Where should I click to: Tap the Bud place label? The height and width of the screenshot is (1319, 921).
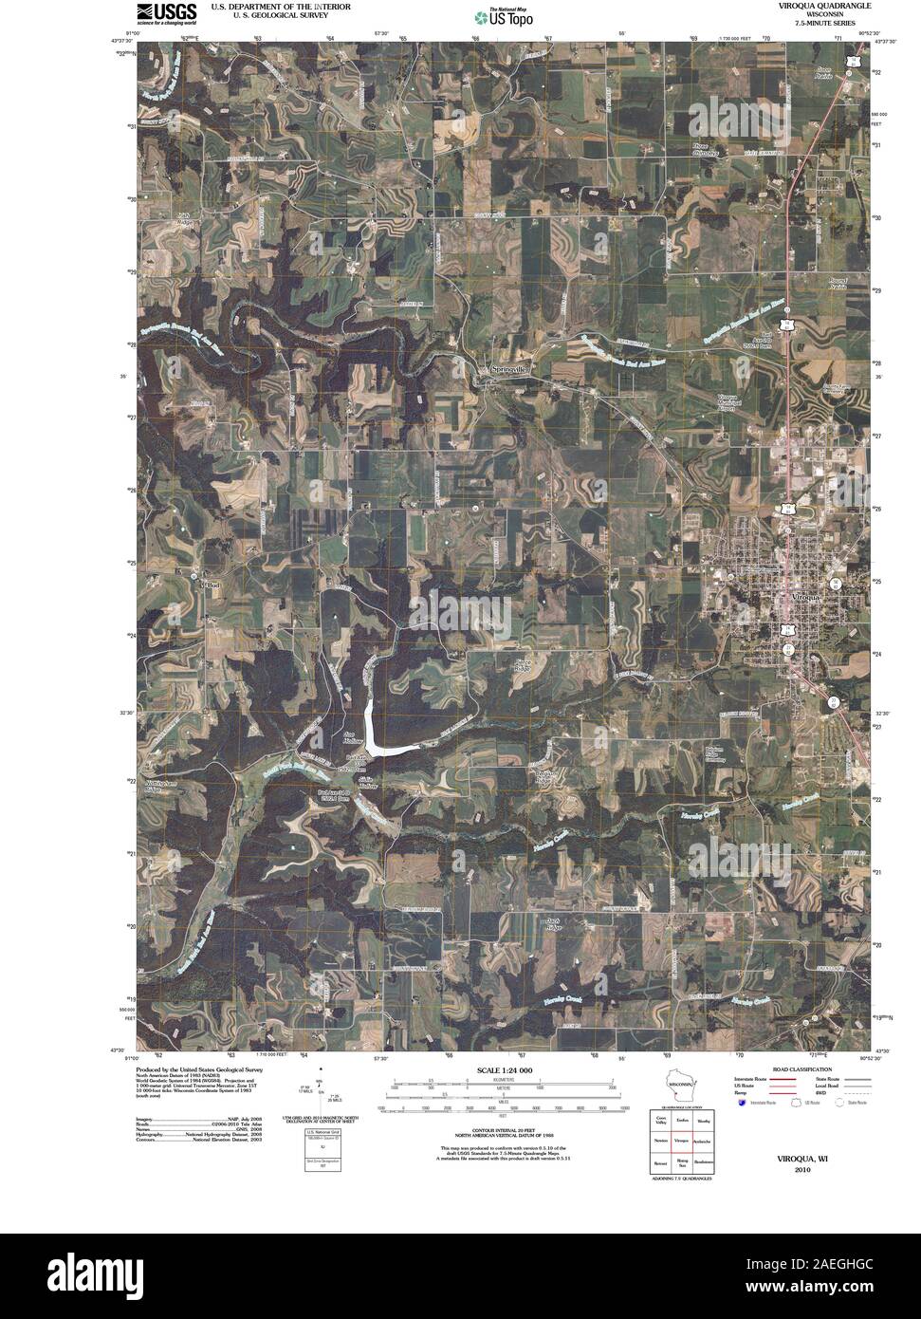click(211, 585)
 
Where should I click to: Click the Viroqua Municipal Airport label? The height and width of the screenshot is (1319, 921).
click(728, 401)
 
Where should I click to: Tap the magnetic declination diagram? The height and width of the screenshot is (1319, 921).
click(322, 1091)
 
